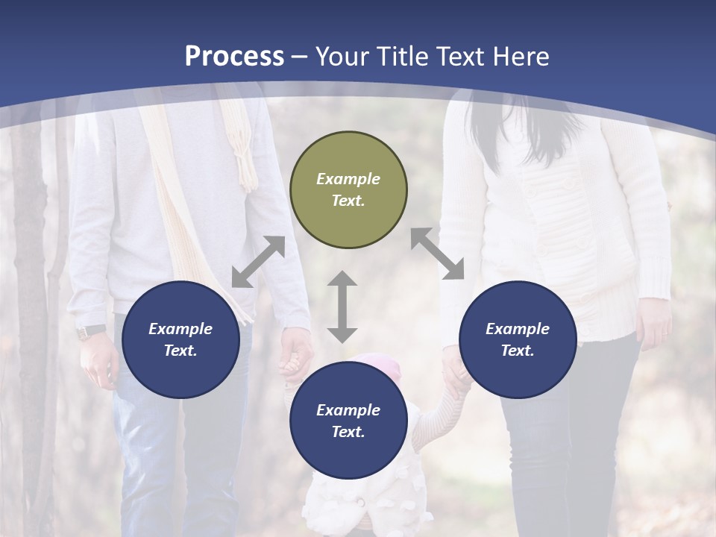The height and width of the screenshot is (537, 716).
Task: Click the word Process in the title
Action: coord(234,57)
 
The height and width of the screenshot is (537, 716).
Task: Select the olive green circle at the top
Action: coord(348,189)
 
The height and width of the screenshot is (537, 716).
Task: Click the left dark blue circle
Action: coord(180,339)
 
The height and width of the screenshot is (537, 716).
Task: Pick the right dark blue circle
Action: coord(518,339)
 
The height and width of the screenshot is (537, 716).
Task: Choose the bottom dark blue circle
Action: coord(348,421)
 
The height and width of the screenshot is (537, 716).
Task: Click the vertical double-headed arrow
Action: coord(342,307)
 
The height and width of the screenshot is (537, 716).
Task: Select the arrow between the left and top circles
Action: coord(258,262)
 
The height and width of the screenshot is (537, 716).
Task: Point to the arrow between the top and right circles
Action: coord(437,254)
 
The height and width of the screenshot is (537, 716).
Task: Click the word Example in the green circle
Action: coord(348,179)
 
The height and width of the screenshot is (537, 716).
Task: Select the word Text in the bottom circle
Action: coord(347,432)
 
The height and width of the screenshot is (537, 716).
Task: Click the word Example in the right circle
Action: coord(518,329)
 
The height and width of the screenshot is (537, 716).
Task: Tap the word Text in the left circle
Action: coord(180,351)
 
